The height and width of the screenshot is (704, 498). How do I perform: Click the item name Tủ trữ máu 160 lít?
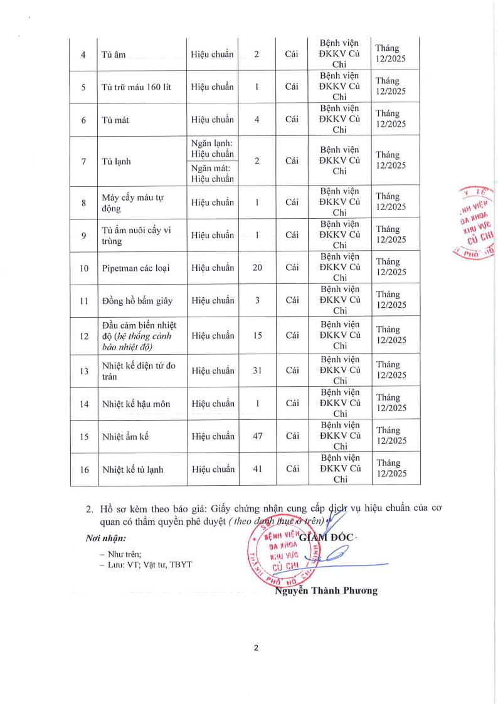pos(137,87)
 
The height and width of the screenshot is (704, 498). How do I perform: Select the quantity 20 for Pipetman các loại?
pos(257,268)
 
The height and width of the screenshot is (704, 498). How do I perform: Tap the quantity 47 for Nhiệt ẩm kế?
pos(257,436)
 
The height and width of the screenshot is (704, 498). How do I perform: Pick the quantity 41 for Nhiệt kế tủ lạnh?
pos(257,469)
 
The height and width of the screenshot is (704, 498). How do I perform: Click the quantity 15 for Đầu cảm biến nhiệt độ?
pos(257,335)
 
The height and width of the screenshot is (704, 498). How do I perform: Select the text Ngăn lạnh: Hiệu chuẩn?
pos(213,149)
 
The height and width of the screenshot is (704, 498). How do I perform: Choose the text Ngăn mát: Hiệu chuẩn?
pos(213,173)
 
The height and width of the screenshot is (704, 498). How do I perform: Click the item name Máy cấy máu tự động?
pos(132,202)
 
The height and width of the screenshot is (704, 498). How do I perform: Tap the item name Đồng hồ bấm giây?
pos(138,301)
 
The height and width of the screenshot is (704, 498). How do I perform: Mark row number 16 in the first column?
pos(83,469)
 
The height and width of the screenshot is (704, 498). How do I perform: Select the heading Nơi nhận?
pos(105,538)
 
